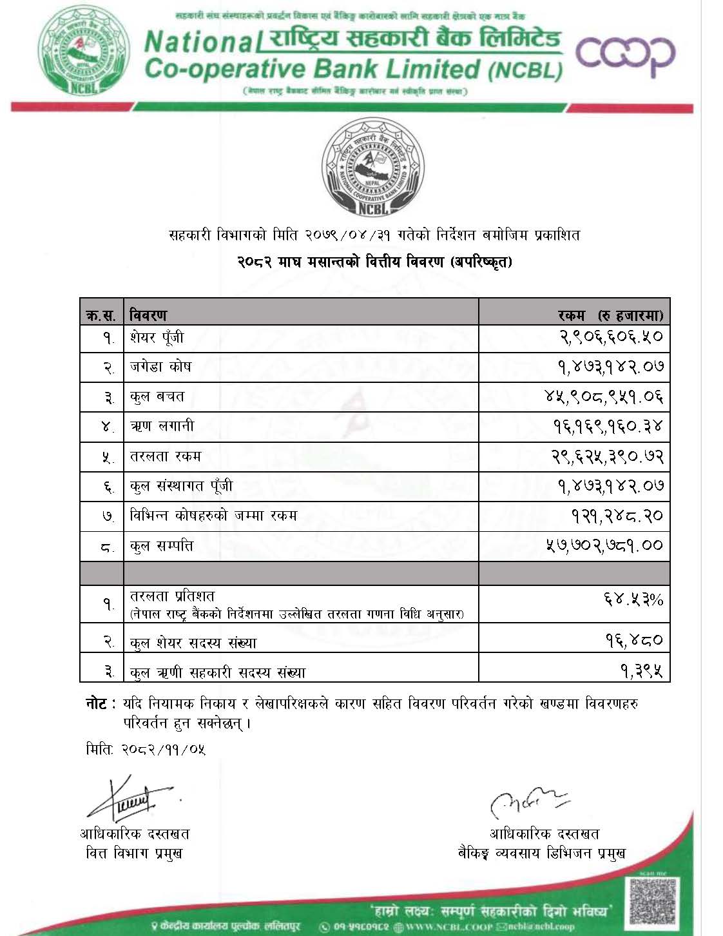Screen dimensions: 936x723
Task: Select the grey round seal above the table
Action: coord(373,166)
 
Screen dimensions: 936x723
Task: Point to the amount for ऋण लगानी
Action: coord(607,426)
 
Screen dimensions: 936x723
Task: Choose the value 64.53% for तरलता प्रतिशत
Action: coord(633,600)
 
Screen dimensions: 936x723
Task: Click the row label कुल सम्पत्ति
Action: coord(162,546)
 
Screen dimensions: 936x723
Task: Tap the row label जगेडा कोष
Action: coord(160,367)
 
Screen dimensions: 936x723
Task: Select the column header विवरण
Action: coord(148,315)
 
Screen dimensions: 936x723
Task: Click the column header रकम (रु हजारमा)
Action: coord(610,315)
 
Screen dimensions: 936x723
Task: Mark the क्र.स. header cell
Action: coord(101,315)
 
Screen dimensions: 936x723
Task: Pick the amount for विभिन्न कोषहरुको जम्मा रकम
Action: coord(616,516)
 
